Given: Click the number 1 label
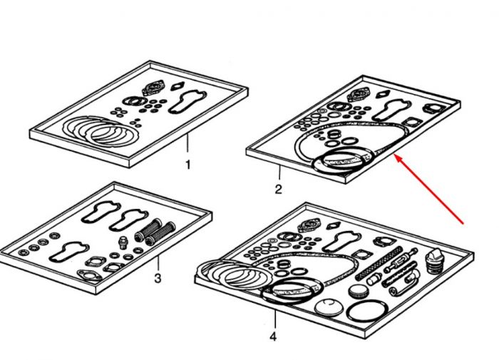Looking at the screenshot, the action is (x=188, y=165).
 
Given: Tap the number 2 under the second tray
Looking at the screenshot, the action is (x=279, y=190).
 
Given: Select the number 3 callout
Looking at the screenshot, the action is (x=158, y=278).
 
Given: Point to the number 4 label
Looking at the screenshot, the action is (x=273, y=336).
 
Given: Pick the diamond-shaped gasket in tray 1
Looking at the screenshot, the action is (x=178, y=86).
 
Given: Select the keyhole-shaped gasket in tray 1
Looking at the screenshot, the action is (x=187, y=102).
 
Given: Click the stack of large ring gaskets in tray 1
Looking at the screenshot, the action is (x=101, y=131).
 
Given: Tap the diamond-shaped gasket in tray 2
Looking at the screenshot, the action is (x=383, y=94).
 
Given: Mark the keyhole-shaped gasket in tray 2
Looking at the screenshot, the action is (x=391, y=110).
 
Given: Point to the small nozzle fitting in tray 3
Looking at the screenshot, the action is (x=123, y=242).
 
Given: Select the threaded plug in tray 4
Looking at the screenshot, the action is (x=434, y=262).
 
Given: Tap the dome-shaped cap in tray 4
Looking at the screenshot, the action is (x=329, y=307).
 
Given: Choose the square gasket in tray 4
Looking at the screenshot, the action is (x=360, y=254).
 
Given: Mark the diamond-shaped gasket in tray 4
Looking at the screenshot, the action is (x=333, y=226).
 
